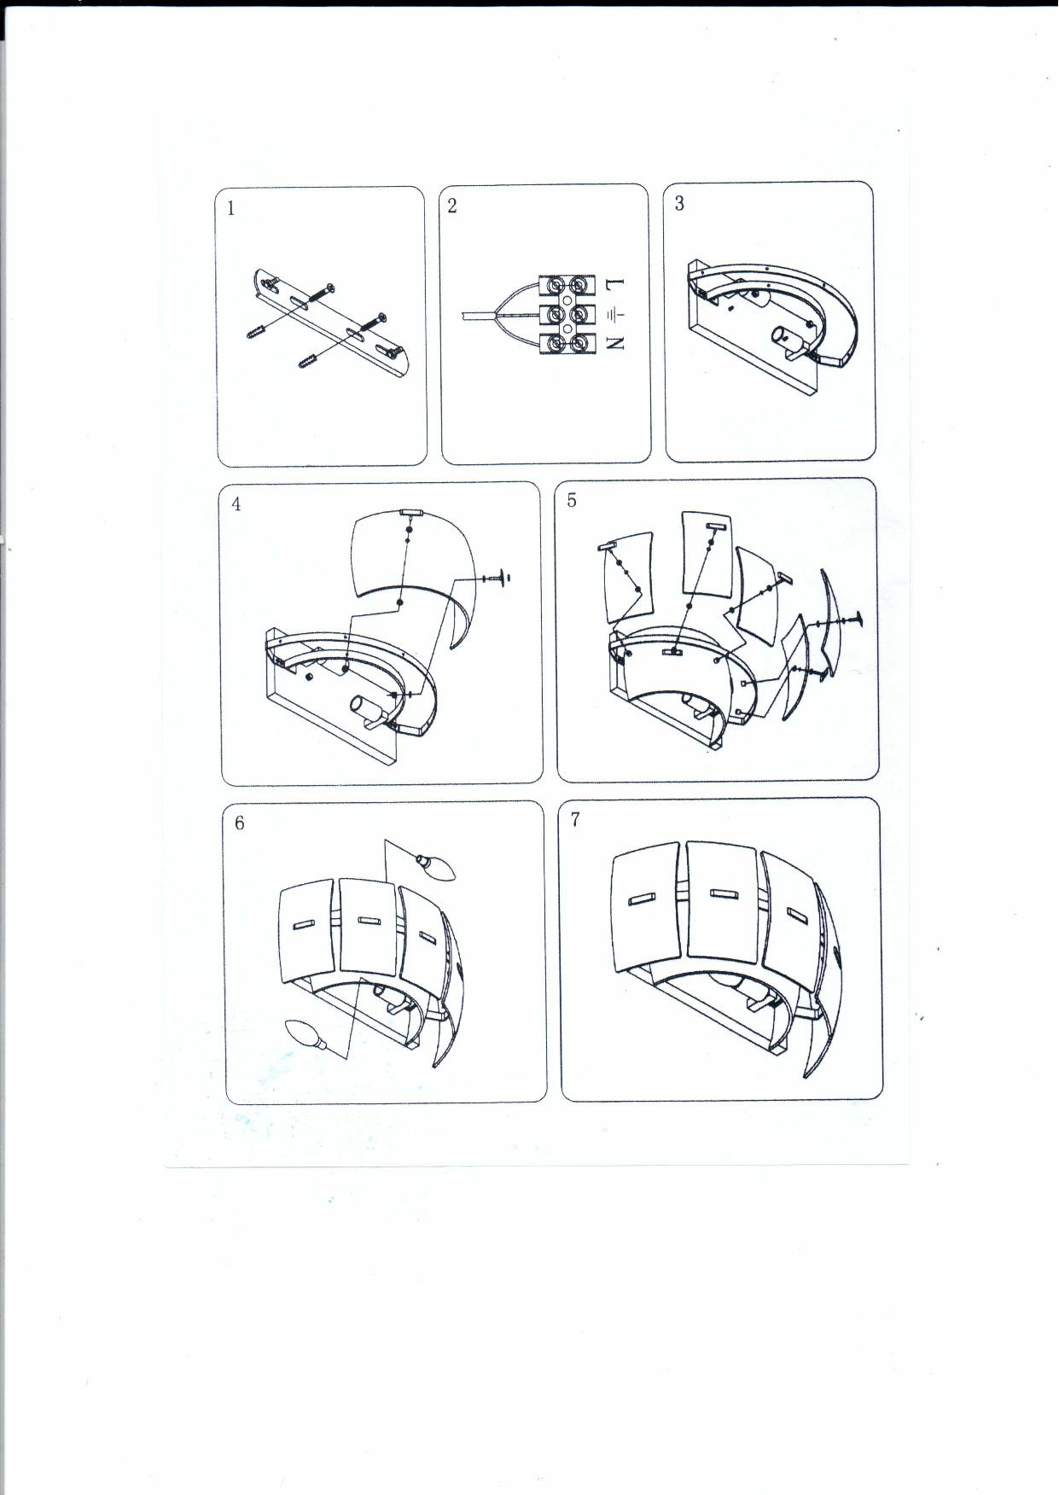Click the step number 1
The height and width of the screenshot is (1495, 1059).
pyautogui.click(x=231, y=208)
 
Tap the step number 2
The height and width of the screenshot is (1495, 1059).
pyautogui.click(x=452, y=206)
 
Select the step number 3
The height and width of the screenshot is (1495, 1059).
pyautogui.click(x=679, y=203)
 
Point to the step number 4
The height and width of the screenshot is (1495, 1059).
pyautogui.click(x=236, y=504)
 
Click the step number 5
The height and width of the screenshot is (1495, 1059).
pyautogui.click(x=572, y=501)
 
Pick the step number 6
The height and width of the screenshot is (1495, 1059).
pyautogui.click(x=239, y=823)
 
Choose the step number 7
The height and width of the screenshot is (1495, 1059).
pyautogui.click(x=575, y=819)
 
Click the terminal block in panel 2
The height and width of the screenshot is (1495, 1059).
pyautogui.click(x=567, y=314)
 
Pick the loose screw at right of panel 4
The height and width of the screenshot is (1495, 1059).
pyautogui.click(x=497, y=578)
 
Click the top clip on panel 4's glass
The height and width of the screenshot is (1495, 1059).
pyautogui.click(x=411, y=511)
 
